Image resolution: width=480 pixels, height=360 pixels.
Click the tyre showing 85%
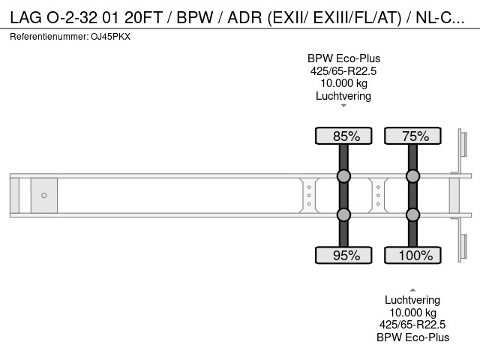click(x=343, y=136)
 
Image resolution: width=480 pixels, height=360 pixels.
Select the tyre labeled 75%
click(x=412, y=136)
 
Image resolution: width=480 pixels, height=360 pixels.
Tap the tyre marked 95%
click(x=343, y=255)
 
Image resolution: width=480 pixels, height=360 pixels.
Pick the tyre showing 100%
click(x=412, y=255)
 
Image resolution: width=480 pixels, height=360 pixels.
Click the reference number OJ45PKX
click(x=110, y=37)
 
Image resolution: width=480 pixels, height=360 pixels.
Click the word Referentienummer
click(x=49, y=37)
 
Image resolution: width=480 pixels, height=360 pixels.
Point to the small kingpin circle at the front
click(x=44, y=195)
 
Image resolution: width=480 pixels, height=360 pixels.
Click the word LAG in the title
click(x=25, y=18)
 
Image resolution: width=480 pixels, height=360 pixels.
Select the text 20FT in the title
click(x=143, y=18)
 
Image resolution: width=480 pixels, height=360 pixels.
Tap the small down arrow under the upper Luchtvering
click(x=343, y=106)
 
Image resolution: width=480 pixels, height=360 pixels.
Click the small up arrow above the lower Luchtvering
click(x=412, y=290)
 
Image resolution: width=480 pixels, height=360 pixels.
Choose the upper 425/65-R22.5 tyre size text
click(x=343, y=71)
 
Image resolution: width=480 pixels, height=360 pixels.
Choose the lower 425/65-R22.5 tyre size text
click(x=412, y=325)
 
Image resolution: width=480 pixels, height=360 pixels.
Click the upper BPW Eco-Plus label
click(x=343, y=58)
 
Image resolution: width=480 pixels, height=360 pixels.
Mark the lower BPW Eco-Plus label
click(x=413, y=337)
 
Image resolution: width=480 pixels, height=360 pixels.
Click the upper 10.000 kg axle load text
click(x=343, y=83)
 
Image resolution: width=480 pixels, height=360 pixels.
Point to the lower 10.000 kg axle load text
click(x=412, y=313)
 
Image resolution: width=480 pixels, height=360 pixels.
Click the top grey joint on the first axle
click(x=343, y=176)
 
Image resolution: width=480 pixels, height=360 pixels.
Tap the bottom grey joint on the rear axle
click(x=412, y=214)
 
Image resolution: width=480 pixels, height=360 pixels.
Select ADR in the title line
click(x=245, y=18)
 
